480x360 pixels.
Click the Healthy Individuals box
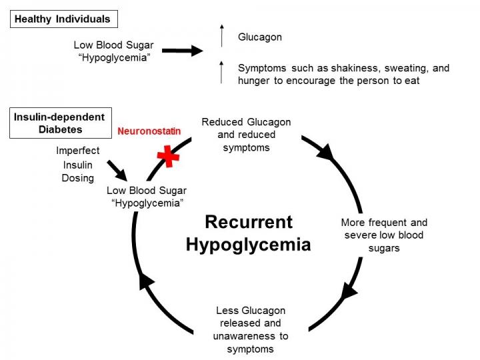(x=64, y=19)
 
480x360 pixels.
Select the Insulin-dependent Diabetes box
(x=59, y=123)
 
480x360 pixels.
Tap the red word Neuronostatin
(x=149, y=131)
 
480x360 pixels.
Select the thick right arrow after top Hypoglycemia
(x=182, y=51)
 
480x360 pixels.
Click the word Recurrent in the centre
(x=249, y=222)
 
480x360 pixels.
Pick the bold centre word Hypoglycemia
(x=249, y=245)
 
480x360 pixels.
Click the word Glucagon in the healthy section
(x=260, y=37)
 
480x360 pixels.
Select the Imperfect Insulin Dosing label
(x=78, y=165)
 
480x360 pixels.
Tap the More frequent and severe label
(x=384, y=235)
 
